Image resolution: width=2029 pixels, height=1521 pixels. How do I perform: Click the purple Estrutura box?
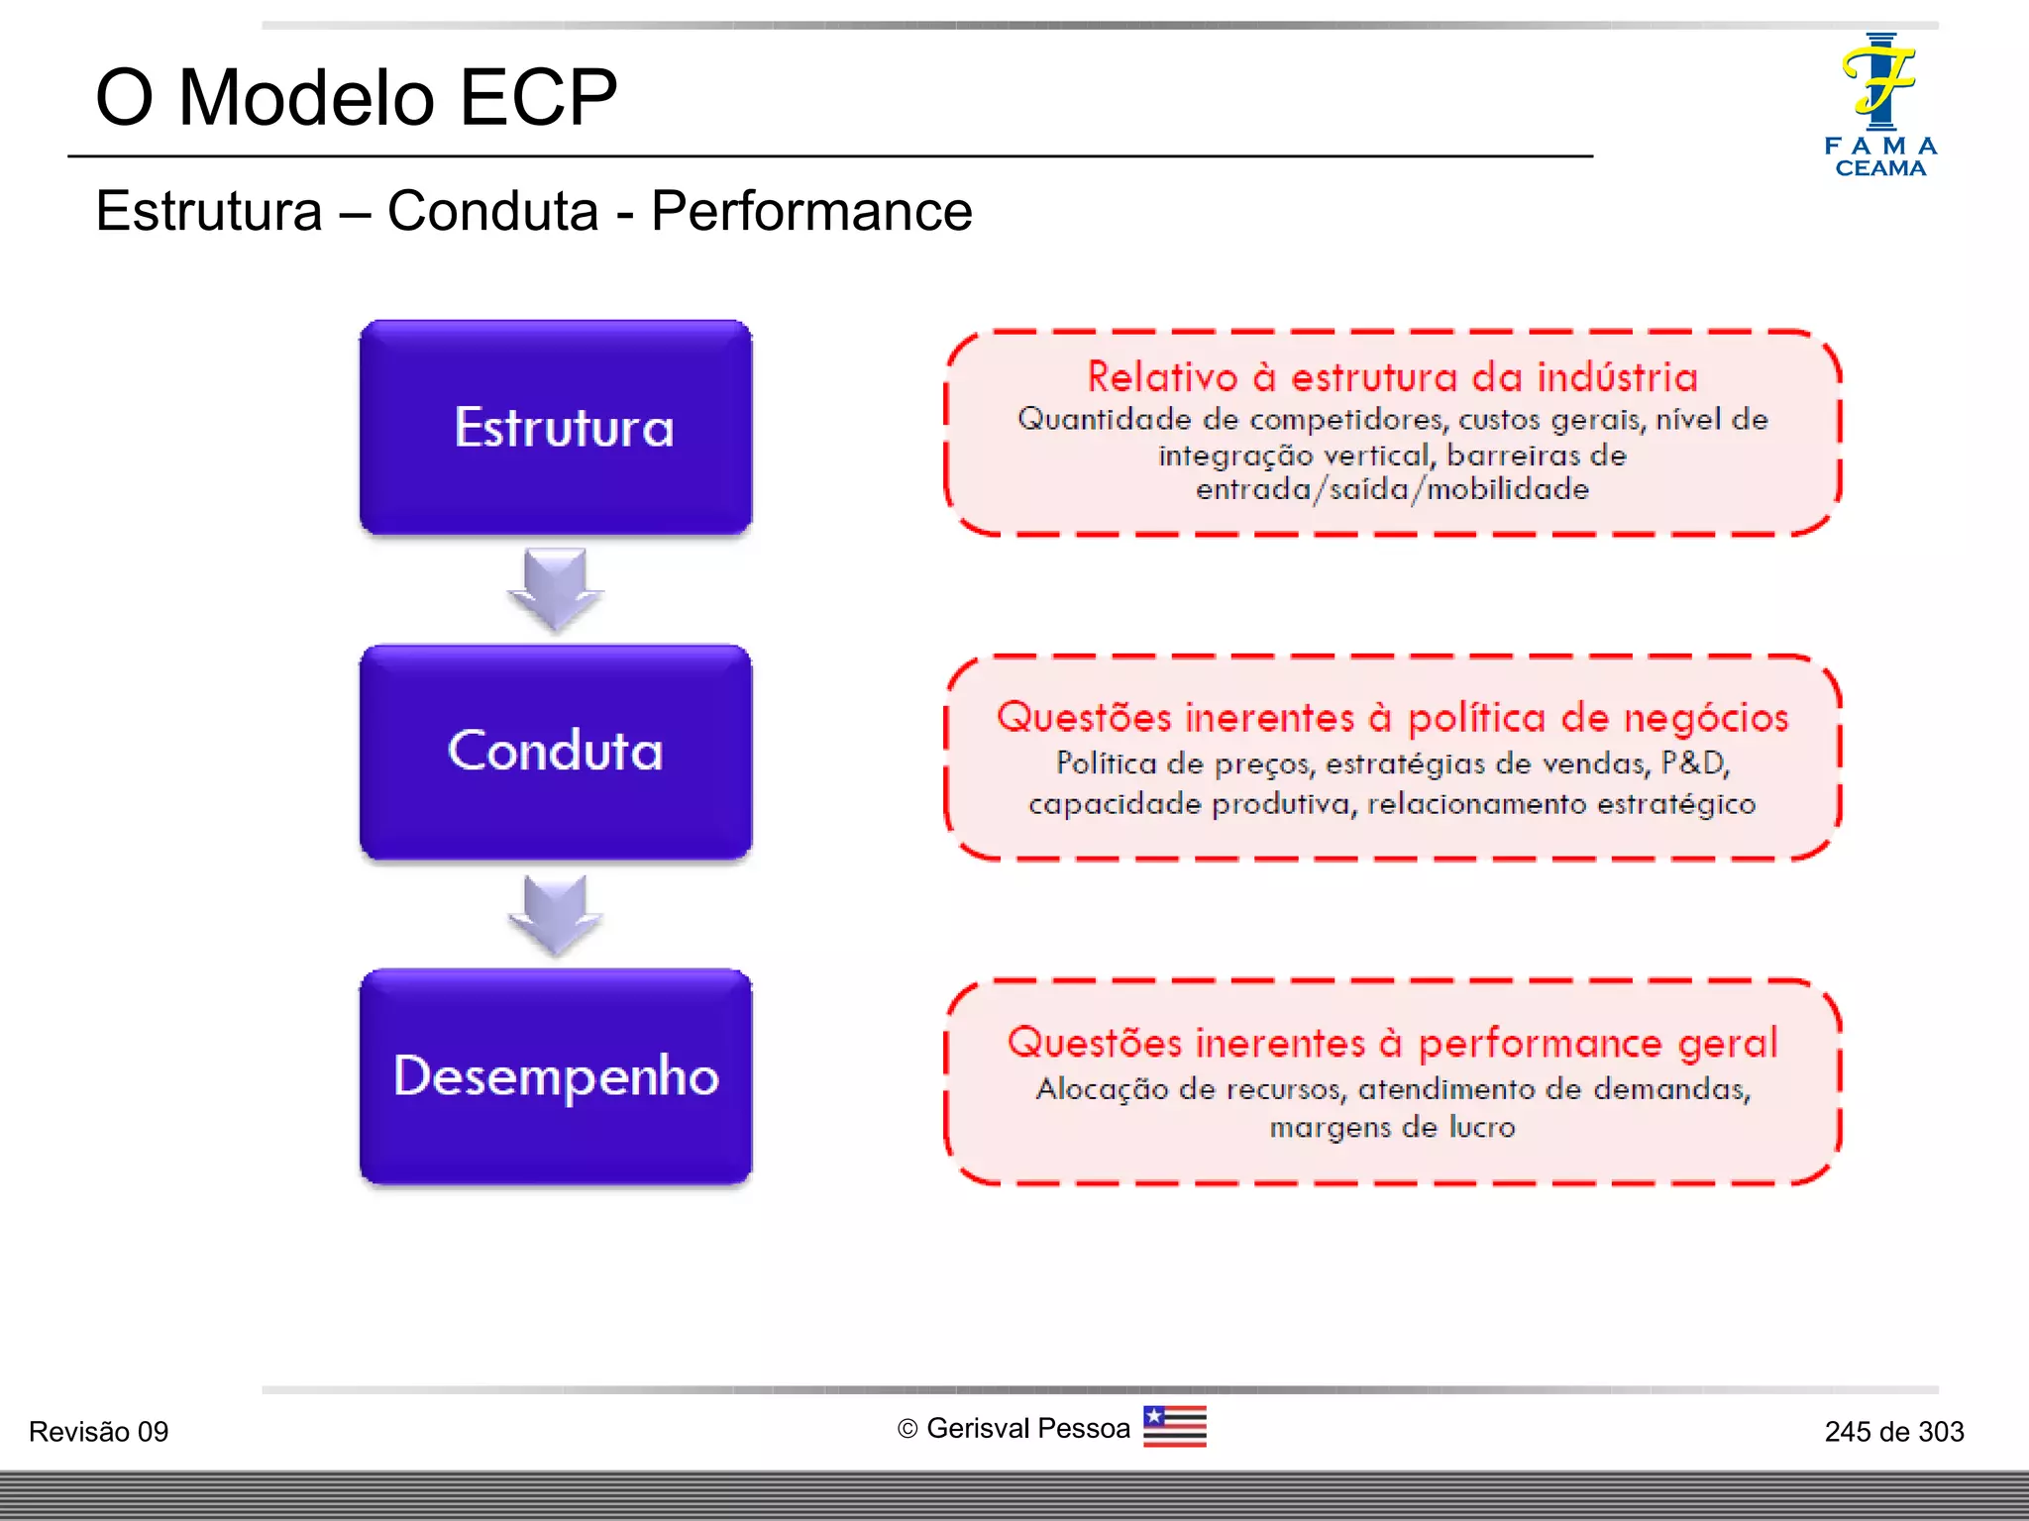point(556,428)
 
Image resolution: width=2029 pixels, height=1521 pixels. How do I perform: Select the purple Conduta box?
point(556,752)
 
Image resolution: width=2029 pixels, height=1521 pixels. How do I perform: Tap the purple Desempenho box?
point(556,1076)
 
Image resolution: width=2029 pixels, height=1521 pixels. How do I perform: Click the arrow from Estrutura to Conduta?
point(556,590)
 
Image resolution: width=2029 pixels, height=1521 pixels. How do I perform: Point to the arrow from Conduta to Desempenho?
point(556,915)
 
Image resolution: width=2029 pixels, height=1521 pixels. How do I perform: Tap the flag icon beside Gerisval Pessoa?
point(1175,1427)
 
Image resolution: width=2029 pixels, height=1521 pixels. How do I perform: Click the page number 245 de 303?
point(1893,1432)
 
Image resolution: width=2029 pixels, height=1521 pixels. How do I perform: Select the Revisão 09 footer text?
point(98,1432)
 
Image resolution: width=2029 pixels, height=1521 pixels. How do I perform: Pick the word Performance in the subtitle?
point(811,211)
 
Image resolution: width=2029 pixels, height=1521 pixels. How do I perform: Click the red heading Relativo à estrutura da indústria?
point(1392,377)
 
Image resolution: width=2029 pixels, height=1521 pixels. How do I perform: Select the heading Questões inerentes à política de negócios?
point(1392,718)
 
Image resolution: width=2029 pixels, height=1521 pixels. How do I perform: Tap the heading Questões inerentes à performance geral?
point(1392,1043)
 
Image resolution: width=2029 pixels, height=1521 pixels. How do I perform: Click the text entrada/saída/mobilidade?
point(1392,489)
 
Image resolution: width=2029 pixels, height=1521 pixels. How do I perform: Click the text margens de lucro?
point(1392,1127)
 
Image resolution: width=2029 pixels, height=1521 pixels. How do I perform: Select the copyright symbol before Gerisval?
point(908,1429)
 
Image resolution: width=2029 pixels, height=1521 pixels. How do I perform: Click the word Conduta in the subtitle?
point(492,211)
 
